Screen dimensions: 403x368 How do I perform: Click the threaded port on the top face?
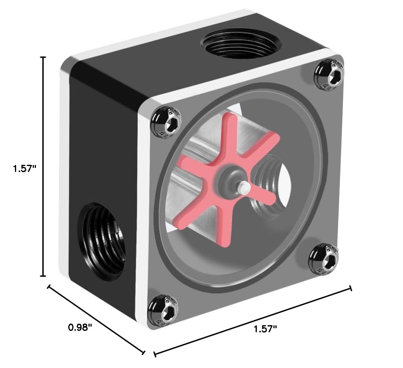[x=241, y=44]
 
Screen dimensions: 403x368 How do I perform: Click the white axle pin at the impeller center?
[x=243, y=187]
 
